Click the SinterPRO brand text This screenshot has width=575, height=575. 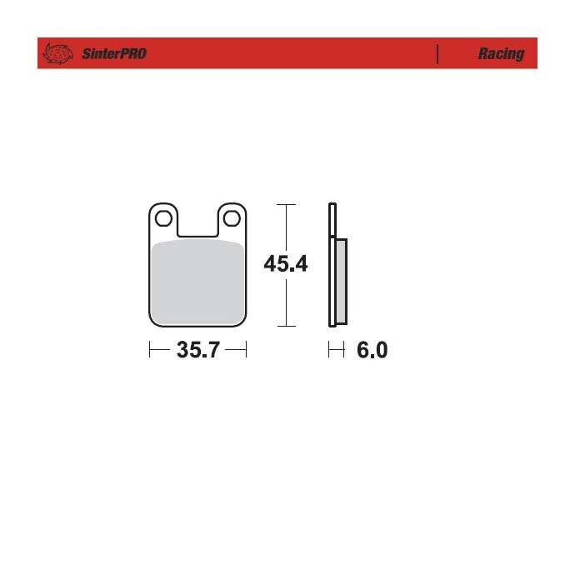click(114, 54)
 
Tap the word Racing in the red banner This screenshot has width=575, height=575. click(502, 54)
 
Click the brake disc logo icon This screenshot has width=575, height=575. click(57, 53)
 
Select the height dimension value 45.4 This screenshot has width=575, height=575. click(286, 263)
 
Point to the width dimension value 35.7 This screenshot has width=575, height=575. click(198, 350)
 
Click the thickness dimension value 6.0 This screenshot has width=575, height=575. click(372, 350)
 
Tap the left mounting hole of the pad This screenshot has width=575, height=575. click(163, 218)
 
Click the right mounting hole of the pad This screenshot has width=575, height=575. click(232, 218)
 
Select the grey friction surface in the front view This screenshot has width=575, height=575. click(197, 282)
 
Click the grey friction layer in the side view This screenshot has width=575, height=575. click(342, 282)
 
